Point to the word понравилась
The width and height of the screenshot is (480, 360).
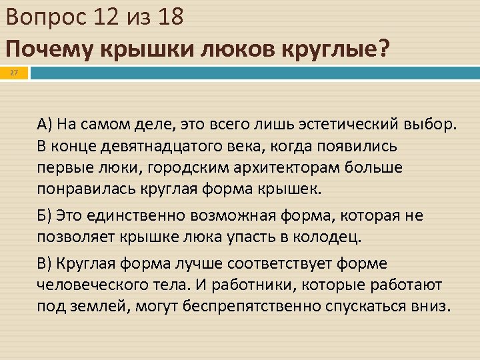tap(86, 188)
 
